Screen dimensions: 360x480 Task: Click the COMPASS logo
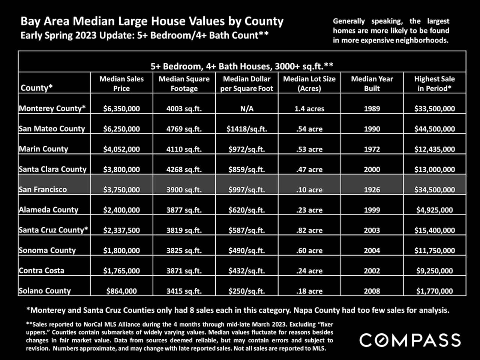[x=410, y=340]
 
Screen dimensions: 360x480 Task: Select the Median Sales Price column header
[x=121, y=84]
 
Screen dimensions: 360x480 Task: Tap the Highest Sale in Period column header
[x=434, y=84]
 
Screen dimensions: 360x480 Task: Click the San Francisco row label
[x=43, y=189]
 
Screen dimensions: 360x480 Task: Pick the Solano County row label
[x=45, y=291]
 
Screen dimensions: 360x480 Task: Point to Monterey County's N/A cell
[x=247, y=109]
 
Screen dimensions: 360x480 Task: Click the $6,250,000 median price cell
[x=121, y=129]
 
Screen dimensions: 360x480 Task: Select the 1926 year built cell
[x=372, y=190]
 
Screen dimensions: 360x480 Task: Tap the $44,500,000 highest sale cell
[x=434, y=129]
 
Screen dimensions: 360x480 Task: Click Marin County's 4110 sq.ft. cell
[x=184, y=149]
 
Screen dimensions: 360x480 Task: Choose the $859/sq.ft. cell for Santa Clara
[x=247, y=169]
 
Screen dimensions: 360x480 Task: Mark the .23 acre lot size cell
[x=309, y=210]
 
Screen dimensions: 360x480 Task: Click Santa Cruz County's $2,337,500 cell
[x=121, y=230]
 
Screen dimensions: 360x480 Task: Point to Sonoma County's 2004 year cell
[x=372, y=250]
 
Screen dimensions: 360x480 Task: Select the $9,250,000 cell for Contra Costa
[x=434, y=271]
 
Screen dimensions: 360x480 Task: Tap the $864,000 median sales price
[x=121, y=291]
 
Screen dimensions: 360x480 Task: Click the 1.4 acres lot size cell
[x=309, y=109]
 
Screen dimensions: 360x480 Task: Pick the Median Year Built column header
[x=372, y=84]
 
